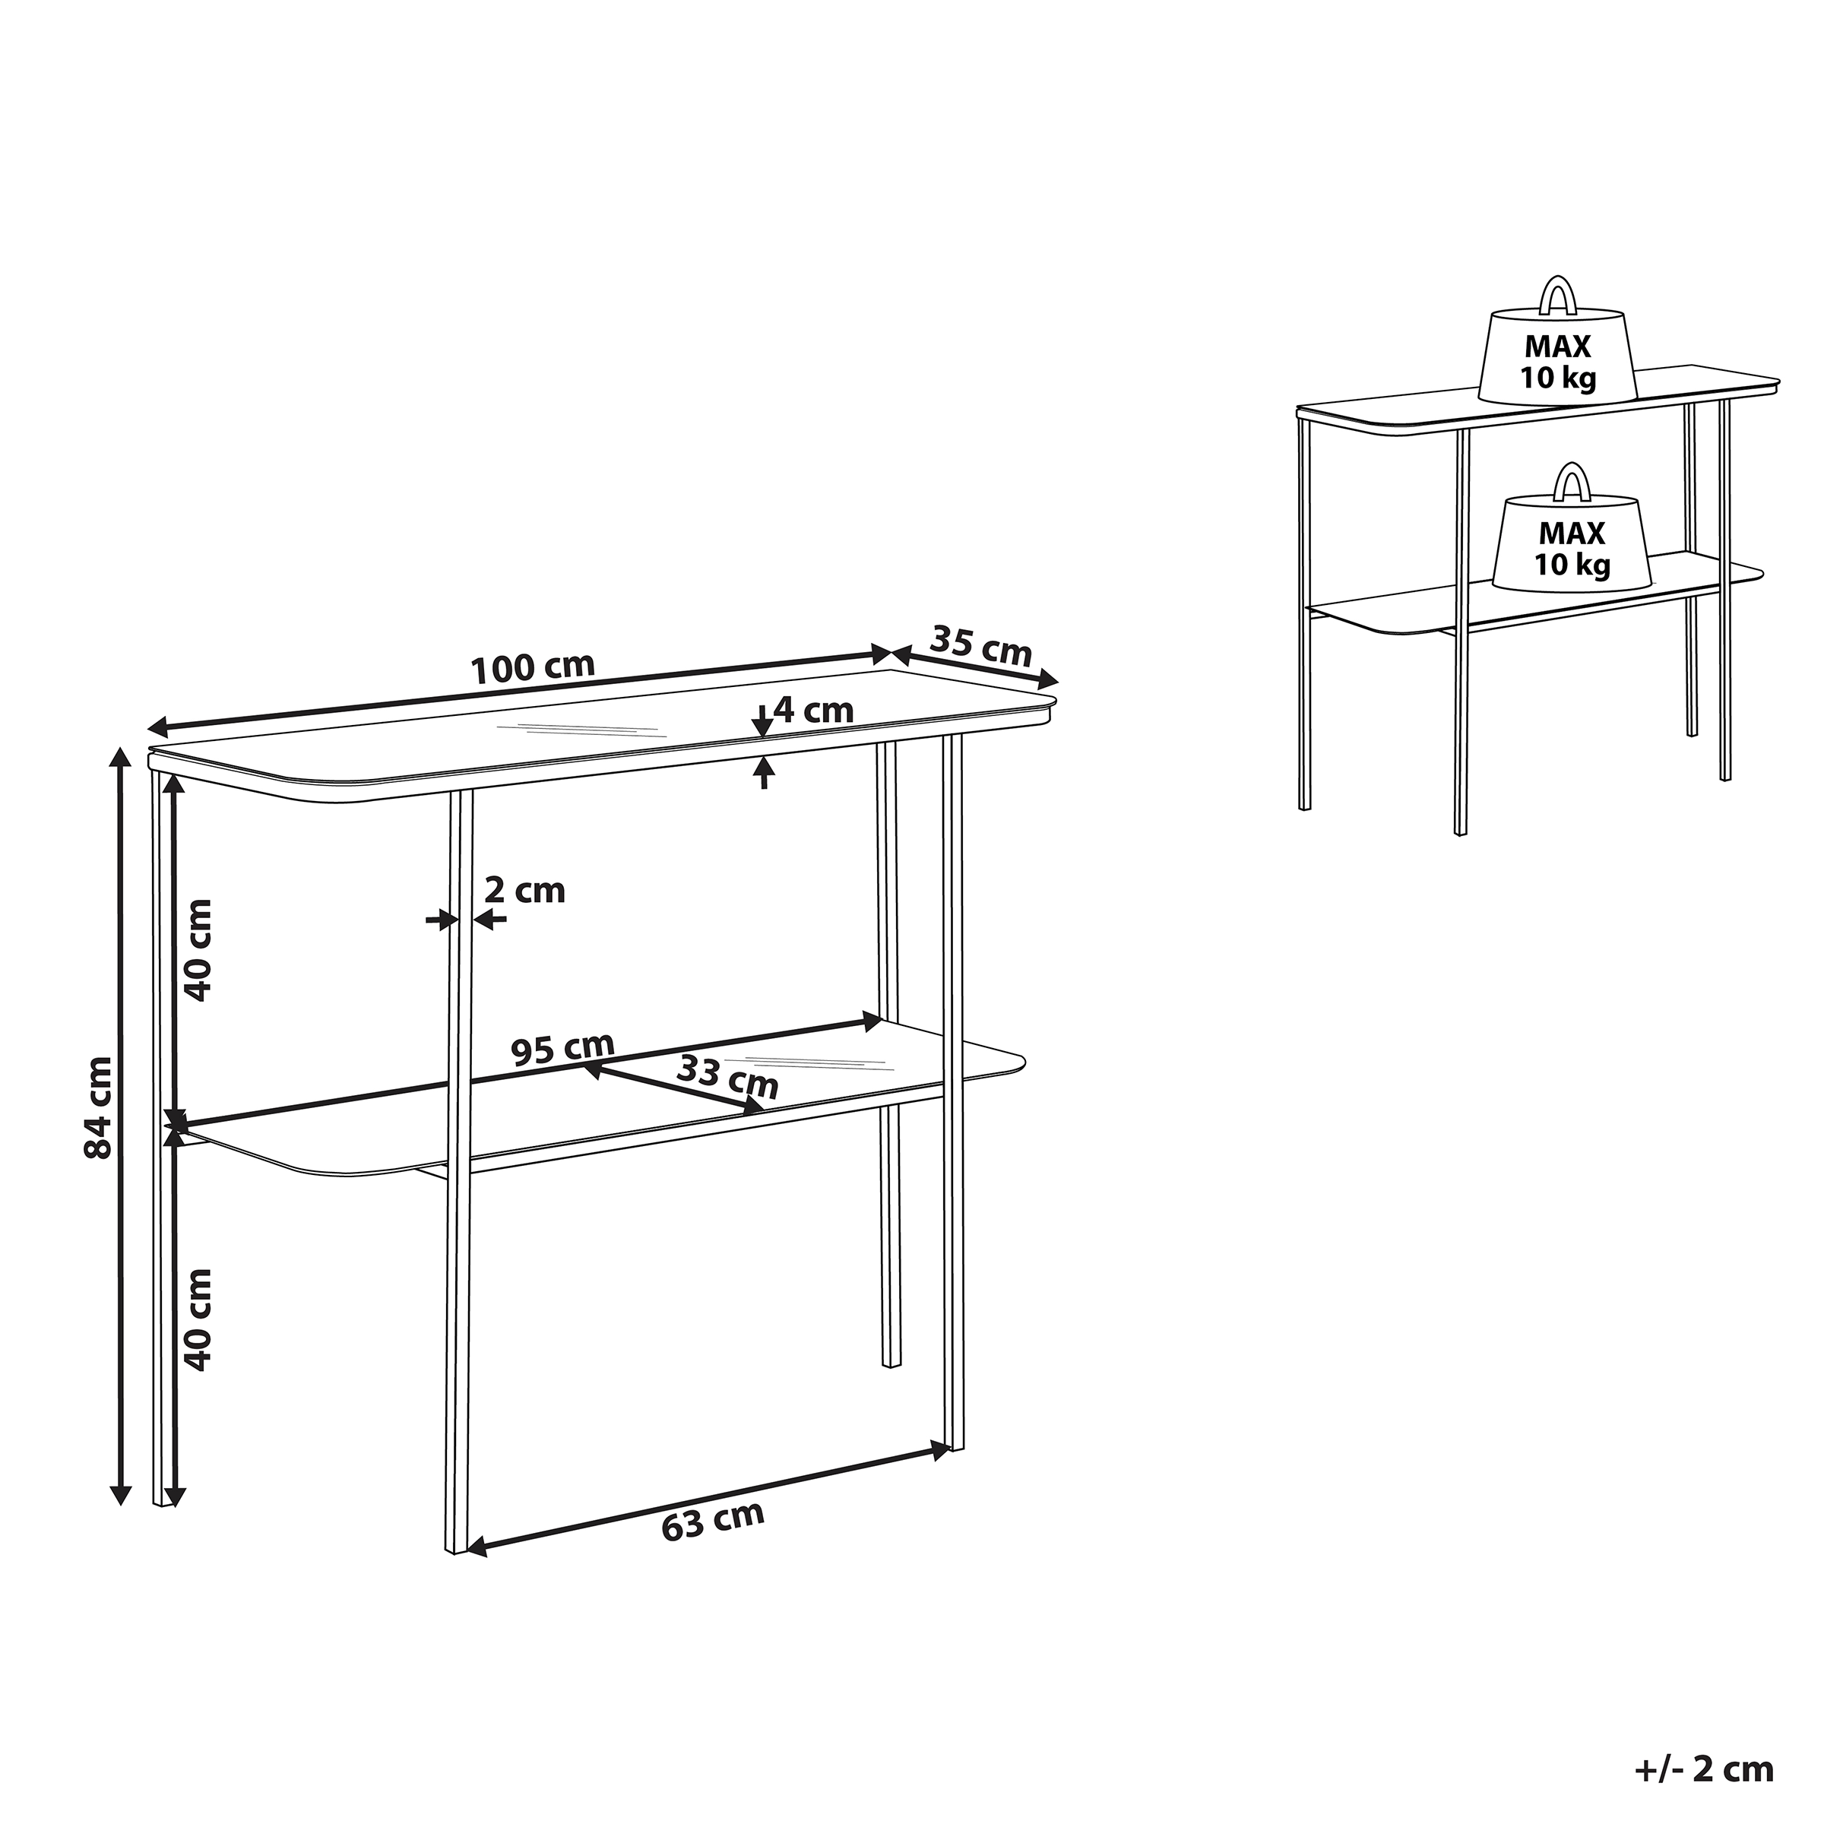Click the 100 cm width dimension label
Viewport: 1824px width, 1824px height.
coord(533,667)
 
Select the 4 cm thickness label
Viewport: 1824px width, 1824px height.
coord(813,709)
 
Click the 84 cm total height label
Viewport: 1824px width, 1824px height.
coord(98,1107)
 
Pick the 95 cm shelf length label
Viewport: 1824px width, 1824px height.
coord(562,1048)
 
